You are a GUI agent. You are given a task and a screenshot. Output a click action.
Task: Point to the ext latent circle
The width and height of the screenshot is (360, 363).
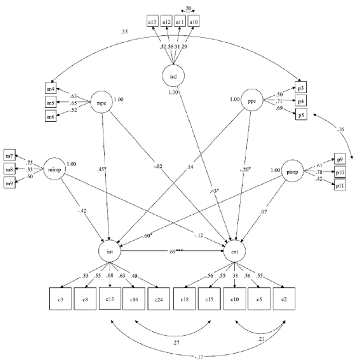236,252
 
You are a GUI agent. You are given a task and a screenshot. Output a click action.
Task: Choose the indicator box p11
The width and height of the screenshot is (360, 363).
341,186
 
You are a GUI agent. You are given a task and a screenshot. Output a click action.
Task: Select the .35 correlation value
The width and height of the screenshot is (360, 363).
125,31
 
